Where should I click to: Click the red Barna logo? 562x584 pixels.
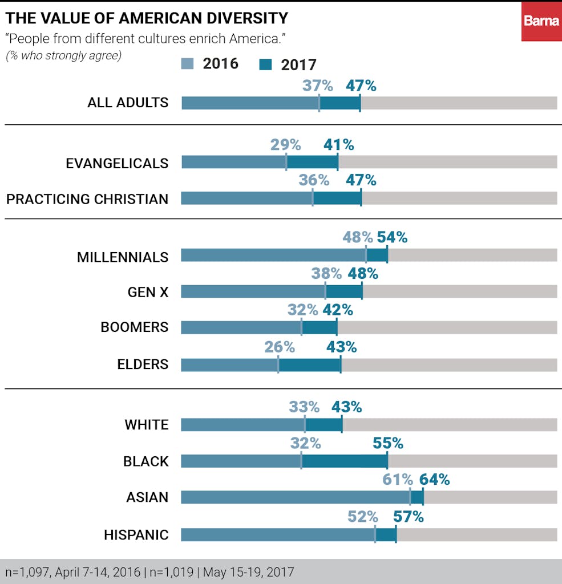[x=541, y=21]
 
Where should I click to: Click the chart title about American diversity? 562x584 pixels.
[x=147, y=18]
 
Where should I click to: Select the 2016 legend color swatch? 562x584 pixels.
[x=190, y=63]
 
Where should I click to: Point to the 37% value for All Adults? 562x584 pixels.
[x=317, y=86]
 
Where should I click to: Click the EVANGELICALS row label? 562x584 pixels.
[x=117, y=163]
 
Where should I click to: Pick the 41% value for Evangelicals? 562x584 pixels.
[x=338, y=145]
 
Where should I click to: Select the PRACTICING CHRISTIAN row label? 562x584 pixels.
[x=87, y=199]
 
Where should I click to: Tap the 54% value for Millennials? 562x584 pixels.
[x=392, y=238]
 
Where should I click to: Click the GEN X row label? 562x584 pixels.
[x=148, y=292]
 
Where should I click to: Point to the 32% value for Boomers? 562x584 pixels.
[x=302, y=310]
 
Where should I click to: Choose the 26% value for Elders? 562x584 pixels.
[x=280, y=347]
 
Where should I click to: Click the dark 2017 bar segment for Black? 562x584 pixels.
[x=345, y=461]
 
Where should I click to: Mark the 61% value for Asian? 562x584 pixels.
[x=397, y=480]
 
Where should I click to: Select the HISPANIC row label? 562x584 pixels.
[x=136, y=535]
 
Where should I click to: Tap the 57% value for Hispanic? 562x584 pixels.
[x=409, y=517]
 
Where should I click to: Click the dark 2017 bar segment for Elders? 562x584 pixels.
[x=310, y=365]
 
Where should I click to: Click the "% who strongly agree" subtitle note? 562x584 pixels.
[x=63, y=56]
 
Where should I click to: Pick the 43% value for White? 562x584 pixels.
[x=346, y=407]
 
